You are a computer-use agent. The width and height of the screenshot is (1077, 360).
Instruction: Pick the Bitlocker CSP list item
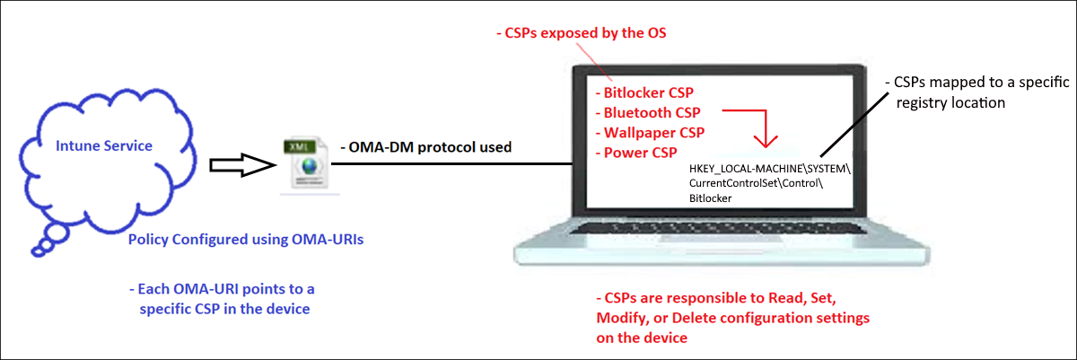pos(648,92)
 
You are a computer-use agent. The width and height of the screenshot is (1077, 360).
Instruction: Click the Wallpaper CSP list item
pos(653,132)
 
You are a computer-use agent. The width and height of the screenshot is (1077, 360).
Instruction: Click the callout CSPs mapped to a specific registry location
pos(978,92)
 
